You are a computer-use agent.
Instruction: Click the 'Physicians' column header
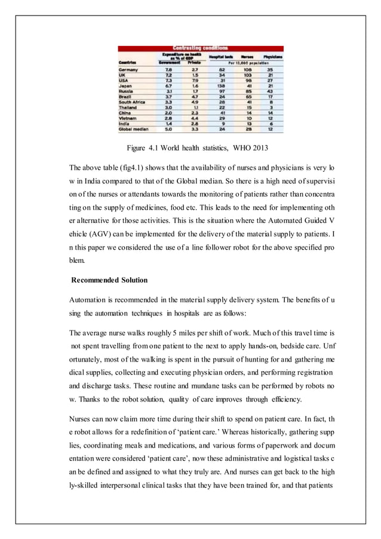coord(272,56)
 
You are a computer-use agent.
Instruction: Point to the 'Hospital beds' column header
coord(222,56)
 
